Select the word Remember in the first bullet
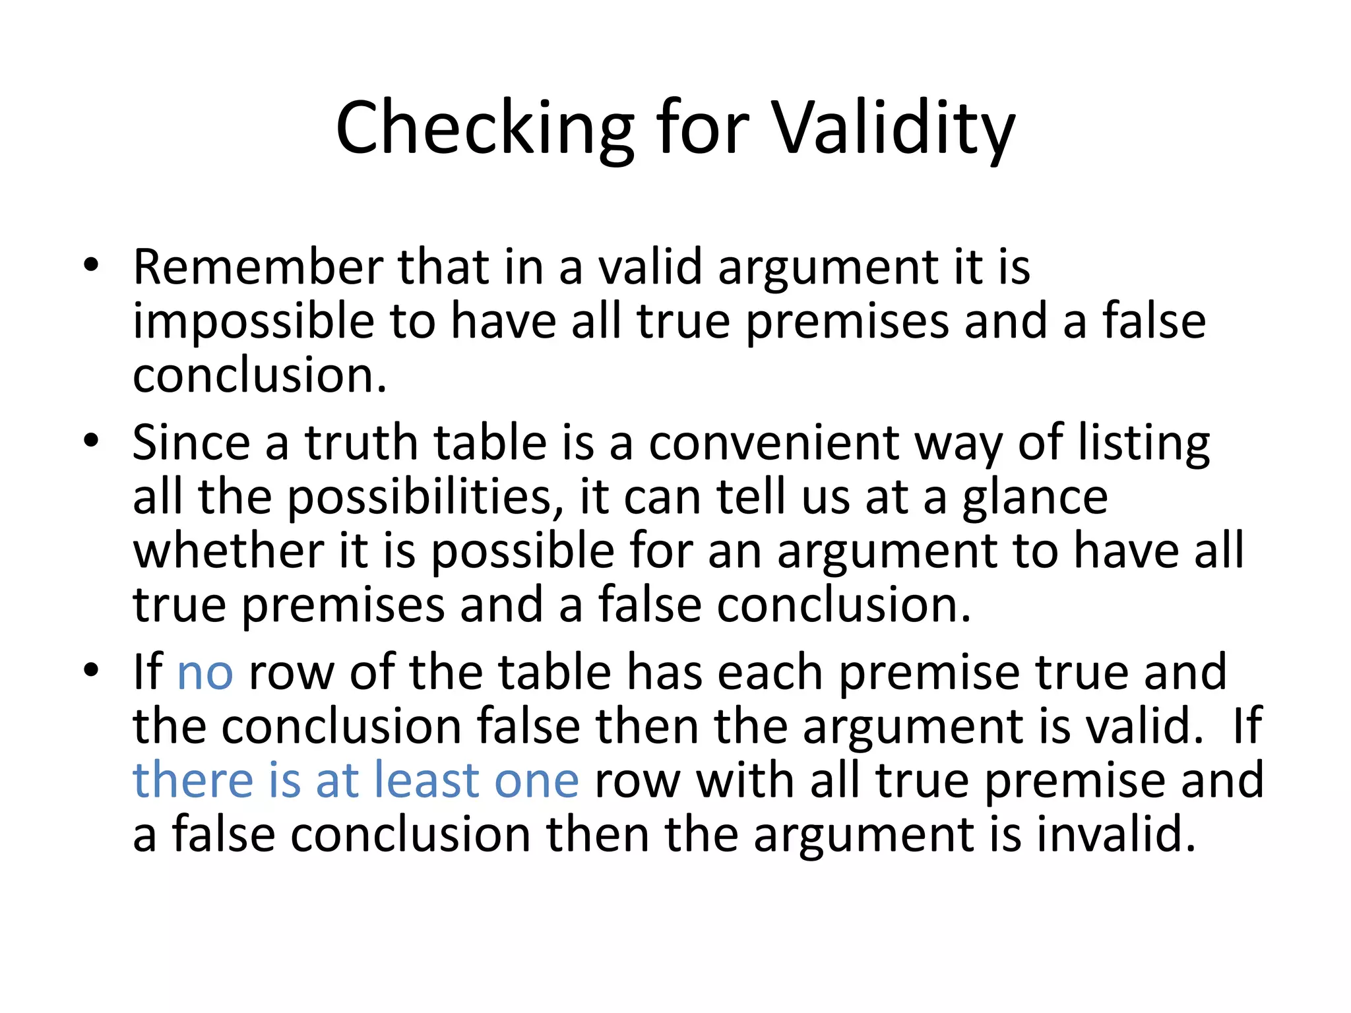point(258,267)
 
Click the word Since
point(191,443)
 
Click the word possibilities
point(419,498)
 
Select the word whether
point(228,551)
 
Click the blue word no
point(205,673)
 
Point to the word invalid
point(1115,834)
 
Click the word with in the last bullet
point(745,780)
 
